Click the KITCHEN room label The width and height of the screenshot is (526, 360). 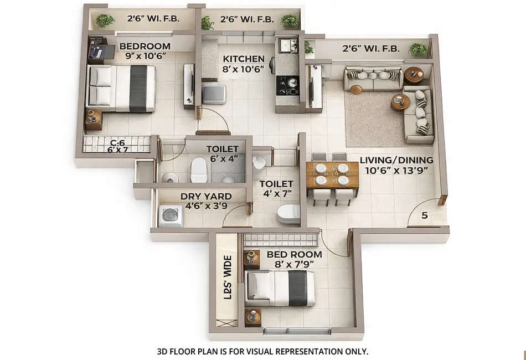244,59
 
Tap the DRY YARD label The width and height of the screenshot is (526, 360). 206,197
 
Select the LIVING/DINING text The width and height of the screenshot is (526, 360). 396,161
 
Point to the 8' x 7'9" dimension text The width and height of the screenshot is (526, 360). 294,265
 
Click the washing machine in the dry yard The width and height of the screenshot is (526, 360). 170,215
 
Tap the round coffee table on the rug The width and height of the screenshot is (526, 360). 400,102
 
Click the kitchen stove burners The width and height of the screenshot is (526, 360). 287,85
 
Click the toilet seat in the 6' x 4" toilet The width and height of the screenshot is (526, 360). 198,171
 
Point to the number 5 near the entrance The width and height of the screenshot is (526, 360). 424,216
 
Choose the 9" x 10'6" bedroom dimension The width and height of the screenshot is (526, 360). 145,56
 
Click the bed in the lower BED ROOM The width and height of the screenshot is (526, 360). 280,289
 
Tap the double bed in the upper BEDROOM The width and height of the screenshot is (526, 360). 122,88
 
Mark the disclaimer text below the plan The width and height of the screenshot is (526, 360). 263,351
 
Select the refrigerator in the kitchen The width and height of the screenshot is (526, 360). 214,94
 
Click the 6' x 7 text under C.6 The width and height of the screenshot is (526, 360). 116,150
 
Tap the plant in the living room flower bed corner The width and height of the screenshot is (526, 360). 419,50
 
